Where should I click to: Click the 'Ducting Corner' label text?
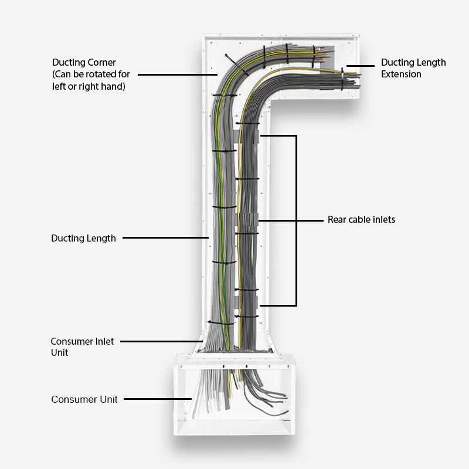pyautogui.click(x=83, y=62)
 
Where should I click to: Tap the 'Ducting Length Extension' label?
pyautogui.click(x=413, y=68)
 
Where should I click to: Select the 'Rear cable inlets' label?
pyautogui.click(x=361, y=220)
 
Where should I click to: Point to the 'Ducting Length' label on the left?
pyautogui.click(x=83, y=238)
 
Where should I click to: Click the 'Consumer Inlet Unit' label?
pyautogui.click(x=82, y=346)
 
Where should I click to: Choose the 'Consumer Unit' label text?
pyautogui.click(x=84, y=399)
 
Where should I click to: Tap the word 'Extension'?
pyautogui.click(x=401, y=74)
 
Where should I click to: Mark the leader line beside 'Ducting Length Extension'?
pyautogui.click(x=362, y=66)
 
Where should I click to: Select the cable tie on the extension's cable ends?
pyautogui.click(x=342, y=79)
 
